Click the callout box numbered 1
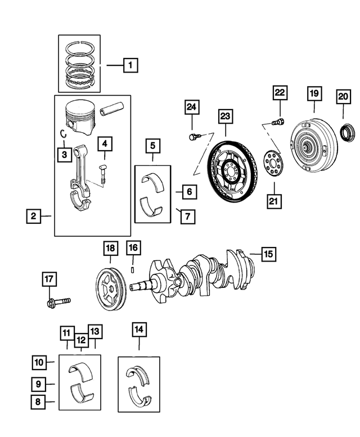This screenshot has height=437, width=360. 130,66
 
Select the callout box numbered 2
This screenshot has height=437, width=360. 34,216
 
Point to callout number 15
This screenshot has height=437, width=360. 268,254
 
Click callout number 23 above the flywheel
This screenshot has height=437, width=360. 226,116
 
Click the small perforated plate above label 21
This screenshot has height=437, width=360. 274,163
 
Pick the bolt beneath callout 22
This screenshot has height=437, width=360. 277,121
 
